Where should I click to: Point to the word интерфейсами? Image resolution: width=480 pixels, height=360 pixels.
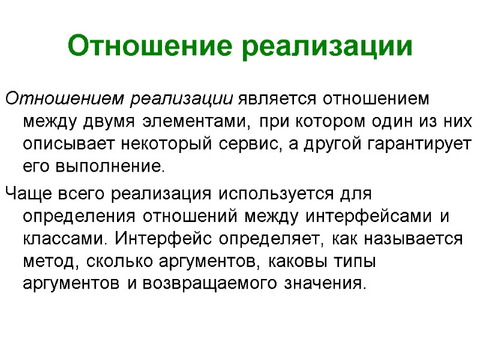coord(365,217)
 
